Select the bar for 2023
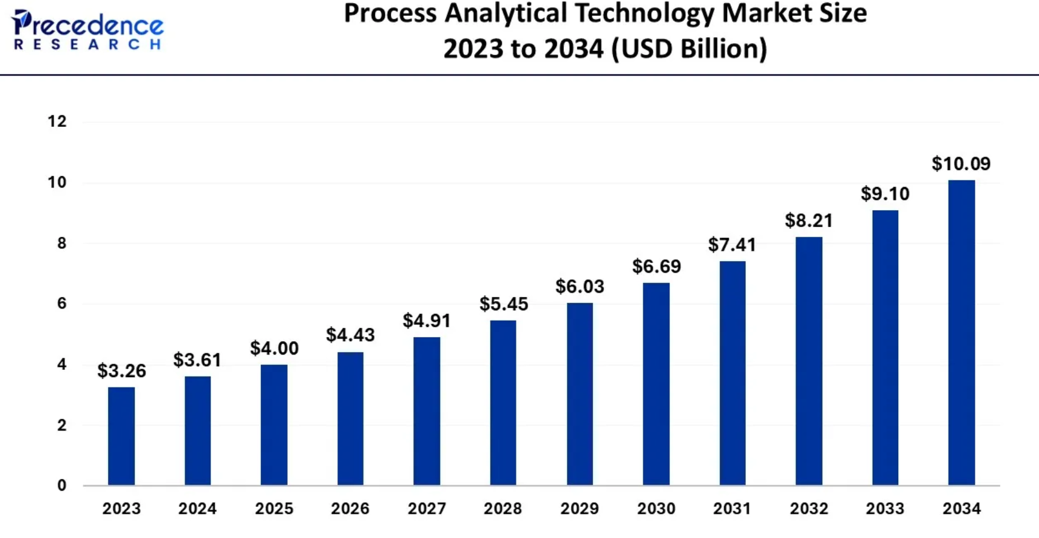(x=121, y=436)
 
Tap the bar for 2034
(x=961, y=333)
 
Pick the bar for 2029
(x=580, y=394)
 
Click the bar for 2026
(x=350, y=418)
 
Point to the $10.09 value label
(x=961, y=163)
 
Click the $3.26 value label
(x=121, y=370)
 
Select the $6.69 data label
(x=656, y=266)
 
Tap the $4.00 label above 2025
(x=274, y=348)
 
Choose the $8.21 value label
(x=808, y=220)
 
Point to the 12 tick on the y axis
(x=57, y=121)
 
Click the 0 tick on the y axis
(x=61, y=485)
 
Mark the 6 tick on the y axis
(x=61, y=303)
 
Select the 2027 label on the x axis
(x=427, y=508)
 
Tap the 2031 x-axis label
(x=732, y=508)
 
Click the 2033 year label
(x=885, y=508)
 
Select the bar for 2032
(x=808, y=361)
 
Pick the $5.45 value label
(x=504, y=304)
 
